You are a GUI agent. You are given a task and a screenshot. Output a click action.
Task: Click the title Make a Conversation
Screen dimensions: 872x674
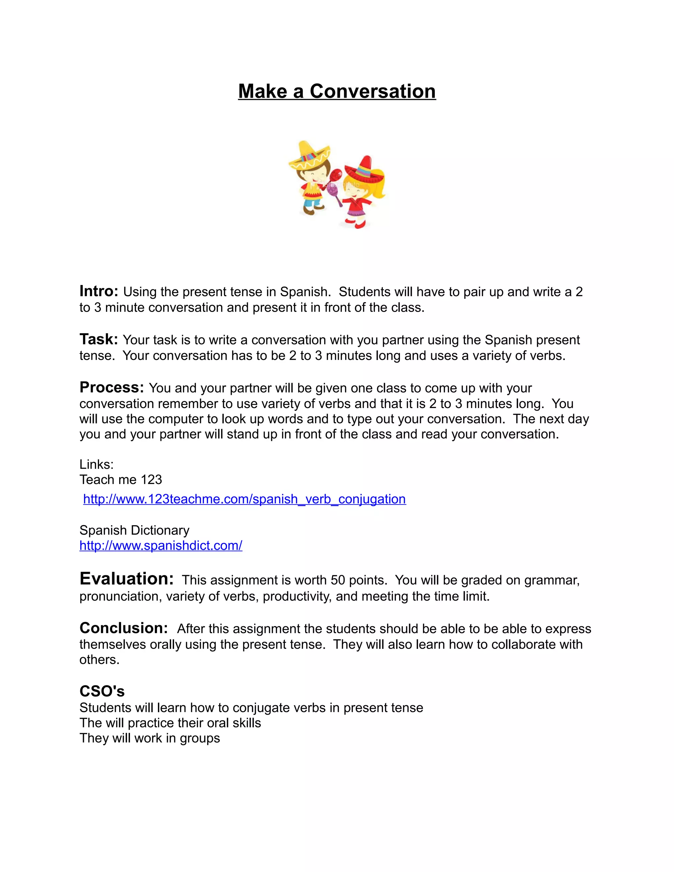tap(337, 91)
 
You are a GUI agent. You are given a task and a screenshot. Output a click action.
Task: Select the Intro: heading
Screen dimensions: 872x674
tap(99, 292)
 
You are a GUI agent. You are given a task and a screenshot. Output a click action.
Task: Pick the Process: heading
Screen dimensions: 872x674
tap(112, 387)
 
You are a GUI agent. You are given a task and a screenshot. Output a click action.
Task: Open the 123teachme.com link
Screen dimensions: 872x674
tap(245, 499)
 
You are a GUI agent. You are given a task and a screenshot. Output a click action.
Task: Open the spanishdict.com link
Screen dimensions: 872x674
tap(161, 545)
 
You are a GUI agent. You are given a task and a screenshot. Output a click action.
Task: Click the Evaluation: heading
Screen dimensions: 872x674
tap(127, 578)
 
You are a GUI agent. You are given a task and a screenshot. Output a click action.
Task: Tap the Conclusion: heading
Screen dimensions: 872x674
tap(123, 628)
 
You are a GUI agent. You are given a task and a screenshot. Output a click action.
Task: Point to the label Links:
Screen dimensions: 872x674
tap(96, 464)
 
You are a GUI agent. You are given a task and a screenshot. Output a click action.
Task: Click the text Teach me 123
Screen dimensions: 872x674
tap(120, 479)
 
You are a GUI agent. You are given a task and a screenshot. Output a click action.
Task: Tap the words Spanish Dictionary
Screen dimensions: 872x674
tap(134, 530)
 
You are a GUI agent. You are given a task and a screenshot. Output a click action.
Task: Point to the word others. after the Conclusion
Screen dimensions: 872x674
tap(99, 659)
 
